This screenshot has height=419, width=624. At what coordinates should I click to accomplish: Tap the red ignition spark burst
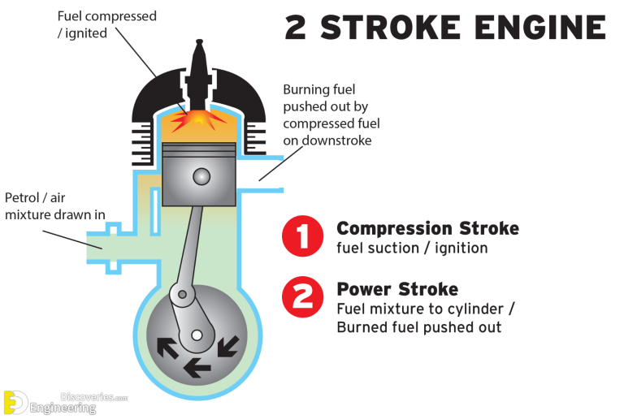(x=200, y=120)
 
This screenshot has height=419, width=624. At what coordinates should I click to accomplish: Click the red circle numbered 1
(x=302, y=237)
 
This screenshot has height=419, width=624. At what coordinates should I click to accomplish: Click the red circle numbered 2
(x=302, y=297)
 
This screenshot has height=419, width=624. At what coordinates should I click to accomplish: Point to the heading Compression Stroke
(x=427, y=228)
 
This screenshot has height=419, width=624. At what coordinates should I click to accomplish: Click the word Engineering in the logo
(x=64, y=408)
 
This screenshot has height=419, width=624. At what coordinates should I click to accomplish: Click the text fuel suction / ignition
(x=411, y=248)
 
